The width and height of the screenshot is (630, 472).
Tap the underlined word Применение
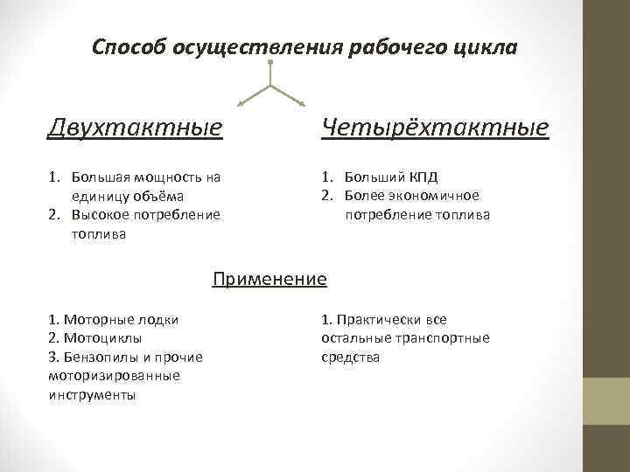pos(269,280)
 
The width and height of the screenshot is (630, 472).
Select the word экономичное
pos(430,196)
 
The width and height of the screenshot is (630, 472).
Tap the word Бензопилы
pos(99,357)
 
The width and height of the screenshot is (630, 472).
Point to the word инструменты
pos(93,394)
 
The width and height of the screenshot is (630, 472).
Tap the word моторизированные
pos(115,376)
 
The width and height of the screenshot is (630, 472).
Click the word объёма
pos(169,196)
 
